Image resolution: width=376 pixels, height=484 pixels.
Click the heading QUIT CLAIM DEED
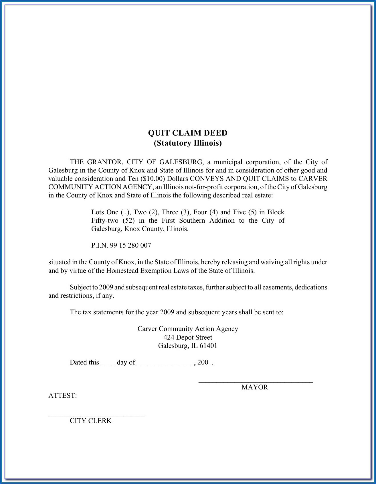click(x=188, y=133)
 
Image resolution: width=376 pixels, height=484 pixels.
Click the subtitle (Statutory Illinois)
click(x=188, y=143)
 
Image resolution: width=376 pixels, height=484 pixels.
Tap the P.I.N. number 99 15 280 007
click(x=130, y=245)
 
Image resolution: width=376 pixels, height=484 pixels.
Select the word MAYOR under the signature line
click(x=255, y=387)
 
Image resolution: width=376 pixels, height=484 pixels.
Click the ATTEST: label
click(x=62, y=396)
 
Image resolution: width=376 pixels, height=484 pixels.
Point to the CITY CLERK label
click(x=90, y=421)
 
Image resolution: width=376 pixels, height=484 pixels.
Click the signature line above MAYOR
click(x=256, y=381)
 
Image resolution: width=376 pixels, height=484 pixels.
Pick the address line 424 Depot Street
click(x=188, y=337)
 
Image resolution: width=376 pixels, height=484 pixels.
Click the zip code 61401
click(x=208, y=346)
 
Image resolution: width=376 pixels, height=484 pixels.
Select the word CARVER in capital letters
click(x=313, y=179)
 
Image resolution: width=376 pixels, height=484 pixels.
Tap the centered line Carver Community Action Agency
click(x=188, y=329)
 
